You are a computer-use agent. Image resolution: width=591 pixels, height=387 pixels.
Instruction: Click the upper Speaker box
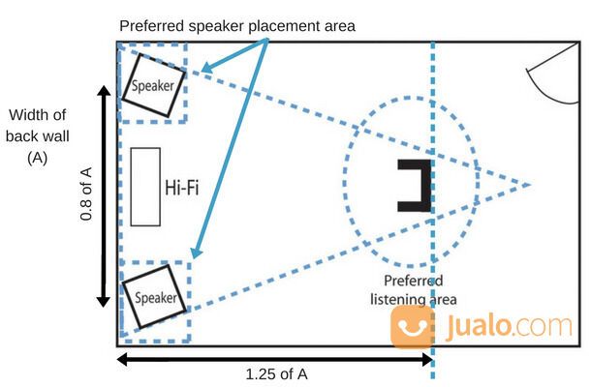[153, 84]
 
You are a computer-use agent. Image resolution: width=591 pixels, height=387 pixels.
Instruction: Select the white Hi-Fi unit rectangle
[144, 187]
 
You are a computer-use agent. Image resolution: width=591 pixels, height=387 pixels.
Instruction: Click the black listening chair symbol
[414, 185]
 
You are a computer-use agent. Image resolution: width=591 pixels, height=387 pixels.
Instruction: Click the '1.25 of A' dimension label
[277, 373]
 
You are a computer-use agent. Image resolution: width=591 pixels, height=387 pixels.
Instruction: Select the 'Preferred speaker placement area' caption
[238, 25]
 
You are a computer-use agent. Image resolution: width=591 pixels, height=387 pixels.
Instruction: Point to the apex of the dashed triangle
[529, 184]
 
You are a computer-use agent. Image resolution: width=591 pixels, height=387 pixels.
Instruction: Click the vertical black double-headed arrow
[104, 194]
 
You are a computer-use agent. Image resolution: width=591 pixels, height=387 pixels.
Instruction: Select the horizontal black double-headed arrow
[275, 358]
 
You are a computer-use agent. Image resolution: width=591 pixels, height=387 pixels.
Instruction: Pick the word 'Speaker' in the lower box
[155, 298]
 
